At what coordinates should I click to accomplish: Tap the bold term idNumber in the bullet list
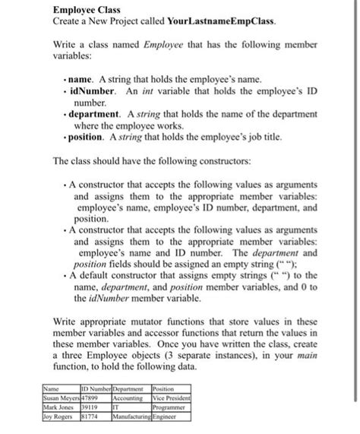[92, 90]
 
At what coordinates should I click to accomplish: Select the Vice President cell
[172, 398]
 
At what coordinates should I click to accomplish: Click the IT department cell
[117, 407]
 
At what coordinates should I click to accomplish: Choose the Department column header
[131, 388]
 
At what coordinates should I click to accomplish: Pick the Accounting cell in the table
[128, 398]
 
